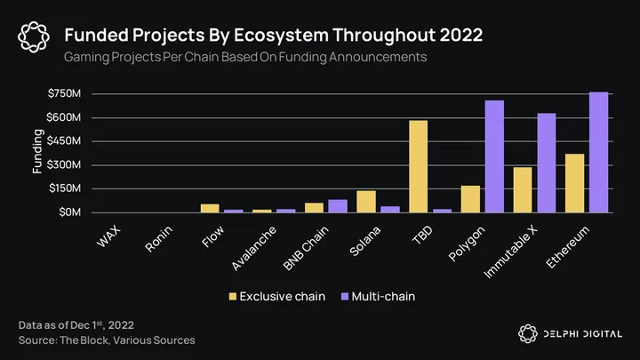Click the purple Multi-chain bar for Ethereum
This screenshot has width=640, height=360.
point(599,152)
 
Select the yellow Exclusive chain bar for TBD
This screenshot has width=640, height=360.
point(418,166)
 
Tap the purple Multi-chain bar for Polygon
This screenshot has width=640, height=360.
point(494,156)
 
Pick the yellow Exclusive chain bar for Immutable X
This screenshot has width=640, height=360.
point(522,189)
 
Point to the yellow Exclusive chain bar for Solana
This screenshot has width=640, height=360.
point(365,202)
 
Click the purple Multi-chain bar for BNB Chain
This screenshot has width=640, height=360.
point(338,206)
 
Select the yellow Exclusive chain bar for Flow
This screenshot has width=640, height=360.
point(209,208)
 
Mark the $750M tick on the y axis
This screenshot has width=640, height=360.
point(65,93)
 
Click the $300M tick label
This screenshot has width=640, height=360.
point(65,165)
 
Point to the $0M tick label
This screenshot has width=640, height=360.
point(70,212)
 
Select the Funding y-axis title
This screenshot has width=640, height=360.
point(38,151)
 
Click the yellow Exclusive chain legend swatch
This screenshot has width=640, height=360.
point(234,295)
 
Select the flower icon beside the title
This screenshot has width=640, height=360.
point(34,36)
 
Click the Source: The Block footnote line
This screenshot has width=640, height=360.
point(107,340)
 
